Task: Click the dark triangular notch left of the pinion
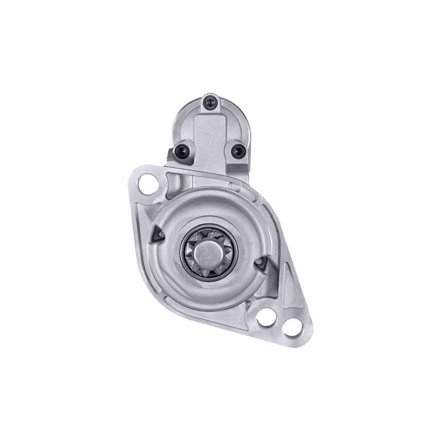(158, 234)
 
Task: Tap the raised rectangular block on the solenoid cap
(210, 130)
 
